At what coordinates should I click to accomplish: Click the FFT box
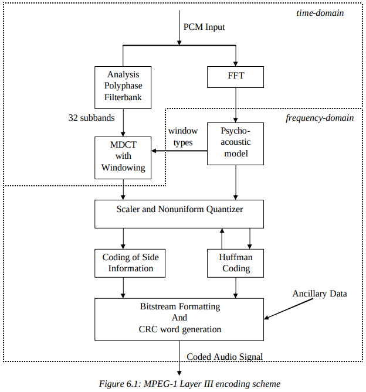pyautogui.click(x=236, y=76)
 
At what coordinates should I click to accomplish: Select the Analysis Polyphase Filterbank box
pyautogui.click(x=124, y=86)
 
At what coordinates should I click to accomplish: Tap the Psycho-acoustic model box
pyautogui.click(x=236, y=144)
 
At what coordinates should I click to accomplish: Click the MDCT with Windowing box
pyautogui.click(x=124, y=157)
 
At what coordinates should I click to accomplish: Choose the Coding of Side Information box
pyautogui.click(x=130, y=263)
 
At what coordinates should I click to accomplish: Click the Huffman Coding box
pyautogui.click(x=236, y=263)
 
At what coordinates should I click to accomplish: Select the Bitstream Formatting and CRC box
pyautogui.click(x=179, y=319)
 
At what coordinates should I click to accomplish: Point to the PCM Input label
pyautogui.click(x=204, y=27)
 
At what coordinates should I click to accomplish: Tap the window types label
pyautogui.click(x=183, y=137)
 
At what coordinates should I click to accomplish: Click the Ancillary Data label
pyautogui.click(x=320, y=293)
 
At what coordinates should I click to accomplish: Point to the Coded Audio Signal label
pyautogui.click(x=225, y=356)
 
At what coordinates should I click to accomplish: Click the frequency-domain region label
pyautogui.click(x=320, y=118)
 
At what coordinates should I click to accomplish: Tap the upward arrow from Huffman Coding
pyautogui.click(x=222, y=238)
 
